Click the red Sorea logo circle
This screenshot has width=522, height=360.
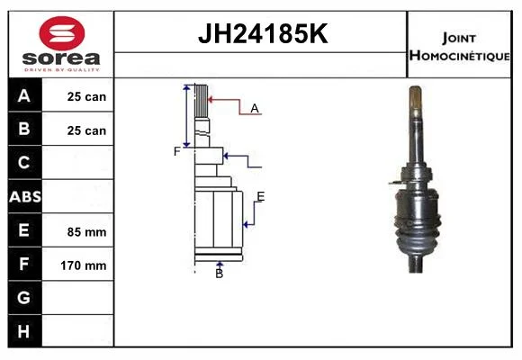[62, 33]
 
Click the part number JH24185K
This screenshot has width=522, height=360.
[263, 33]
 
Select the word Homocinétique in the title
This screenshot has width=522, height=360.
[459, 56]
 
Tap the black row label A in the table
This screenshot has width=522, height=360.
[24, 95]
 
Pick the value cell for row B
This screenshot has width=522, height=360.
[77, 130]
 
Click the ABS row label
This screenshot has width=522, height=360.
[25, 196]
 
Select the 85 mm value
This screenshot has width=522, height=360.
[87, 232]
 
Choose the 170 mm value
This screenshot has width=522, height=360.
[84, 265]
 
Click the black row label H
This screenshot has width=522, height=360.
[23, 331]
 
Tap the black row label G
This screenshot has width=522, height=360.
[23, 297]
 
